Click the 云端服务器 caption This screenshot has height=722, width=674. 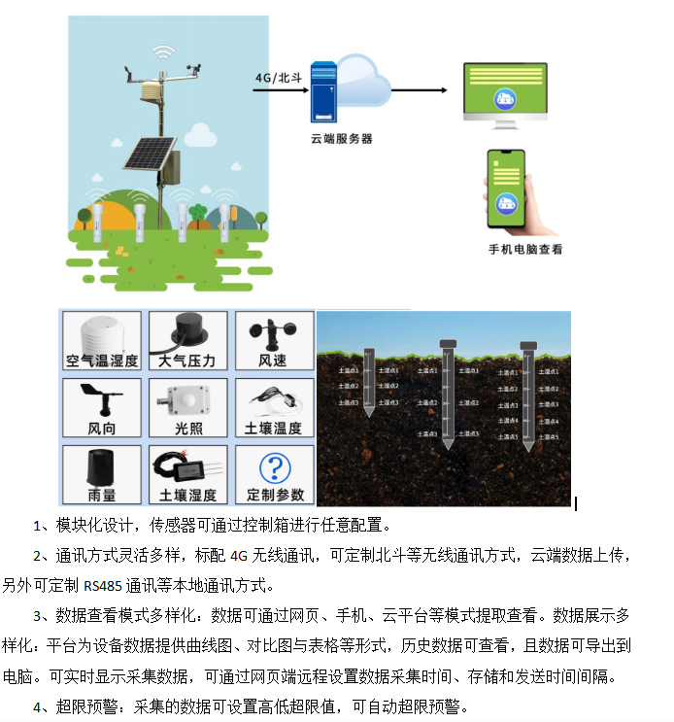pyautogui.click(x=341, y=139)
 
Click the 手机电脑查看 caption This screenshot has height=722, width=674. pyautogui.click(x=524, y=249)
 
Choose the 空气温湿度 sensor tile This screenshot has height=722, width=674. pyautogui.click(x=102, y=341)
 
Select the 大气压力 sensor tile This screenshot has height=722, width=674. pyautogui.click(x=187, y=341)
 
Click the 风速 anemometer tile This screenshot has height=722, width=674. pyautogui.click(x=273, y=341)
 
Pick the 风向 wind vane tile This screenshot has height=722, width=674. pyautogui.click(x=102, y=408)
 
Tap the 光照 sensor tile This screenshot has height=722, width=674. pyautogui.click(x=187, y=408)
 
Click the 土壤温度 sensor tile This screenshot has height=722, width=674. pyautogui.click(x=273, y=408)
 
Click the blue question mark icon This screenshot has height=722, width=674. pyautogui.click(x=276, y=467)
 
